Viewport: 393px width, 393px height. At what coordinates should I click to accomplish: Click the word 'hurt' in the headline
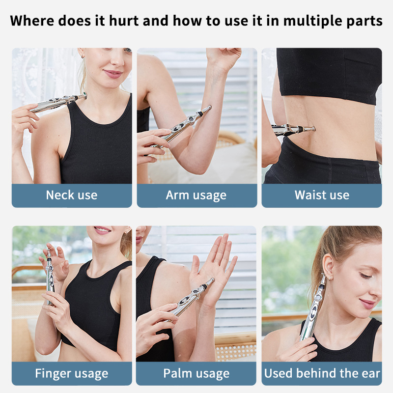(x=124, y=21)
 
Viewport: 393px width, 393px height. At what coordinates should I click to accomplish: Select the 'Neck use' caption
(x=72, y=195)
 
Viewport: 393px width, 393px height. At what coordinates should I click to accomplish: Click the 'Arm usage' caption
(x=196, y=196)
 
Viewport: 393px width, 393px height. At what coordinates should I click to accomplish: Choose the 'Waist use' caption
(x=322, y=195)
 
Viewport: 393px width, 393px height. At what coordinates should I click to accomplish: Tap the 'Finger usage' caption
(x=72, y=373)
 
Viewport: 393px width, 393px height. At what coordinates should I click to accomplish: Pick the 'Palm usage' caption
(x=196, y=373)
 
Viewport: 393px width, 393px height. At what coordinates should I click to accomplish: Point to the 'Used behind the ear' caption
(x=322, y=373)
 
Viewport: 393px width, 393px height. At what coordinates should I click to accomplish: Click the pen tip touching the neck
(x=84, y=95)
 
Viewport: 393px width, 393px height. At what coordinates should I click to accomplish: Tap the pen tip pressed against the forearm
(x=209, y=108)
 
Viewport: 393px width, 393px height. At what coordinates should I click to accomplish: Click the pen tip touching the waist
(x=313, y=129)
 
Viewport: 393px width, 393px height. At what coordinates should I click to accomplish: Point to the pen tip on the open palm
(x=212, y=280)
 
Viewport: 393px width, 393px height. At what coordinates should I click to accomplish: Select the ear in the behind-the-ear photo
(x=328, y=266)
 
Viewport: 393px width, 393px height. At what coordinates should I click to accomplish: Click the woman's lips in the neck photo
(x=113, y=74)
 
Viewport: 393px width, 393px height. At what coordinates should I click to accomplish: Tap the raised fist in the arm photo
(x=224, y=59)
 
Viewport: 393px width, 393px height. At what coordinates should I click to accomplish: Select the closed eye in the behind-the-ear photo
(x=365, y=276)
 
